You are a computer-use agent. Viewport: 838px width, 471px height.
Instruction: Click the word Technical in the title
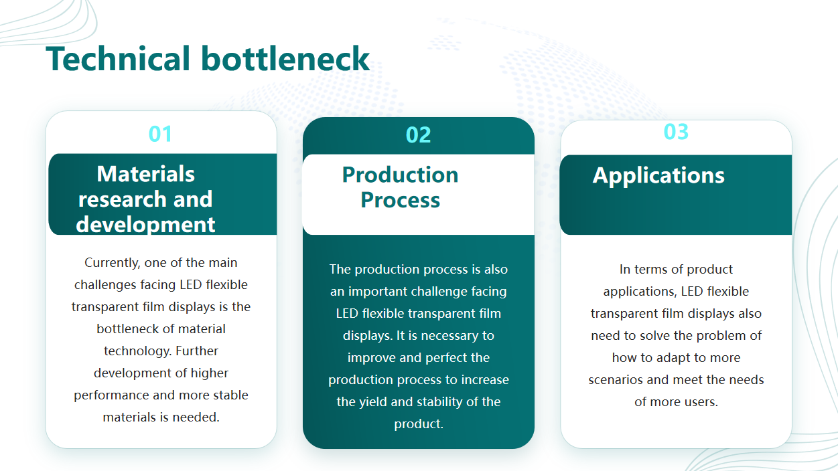(118, 58)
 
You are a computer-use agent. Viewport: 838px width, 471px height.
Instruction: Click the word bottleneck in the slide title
(285, 58)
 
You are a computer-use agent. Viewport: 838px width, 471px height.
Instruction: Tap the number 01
(161, 134)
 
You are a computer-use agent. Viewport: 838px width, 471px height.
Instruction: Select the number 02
(418, 135)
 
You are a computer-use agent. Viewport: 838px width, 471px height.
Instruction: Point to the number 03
(676, 132)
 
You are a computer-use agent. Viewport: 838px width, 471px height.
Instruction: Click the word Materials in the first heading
(145, 174)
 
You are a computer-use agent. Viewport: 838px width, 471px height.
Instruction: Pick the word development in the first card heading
(145, 225)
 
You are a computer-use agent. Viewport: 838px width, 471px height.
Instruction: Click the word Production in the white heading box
(400, 175)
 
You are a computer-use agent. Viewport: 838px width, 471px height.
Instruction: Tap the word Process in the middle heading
(400, 200)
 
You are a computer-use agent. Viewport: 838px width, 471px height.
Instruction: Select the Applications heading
(658, 175)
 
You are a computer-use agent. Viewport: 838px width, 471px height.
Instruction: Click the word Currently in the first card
(113, 263)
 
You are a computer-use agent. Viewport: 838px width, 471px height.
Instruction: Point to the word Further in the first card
(196, 351)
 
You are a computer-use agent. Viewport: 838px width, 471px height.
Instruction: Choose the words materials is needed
(161, 417)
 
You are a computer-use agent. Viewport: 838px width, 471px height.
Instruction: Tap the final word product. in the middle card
(419, 424)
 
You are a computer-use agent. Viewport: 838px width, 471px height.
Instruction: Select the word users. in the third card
(701, 402)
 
